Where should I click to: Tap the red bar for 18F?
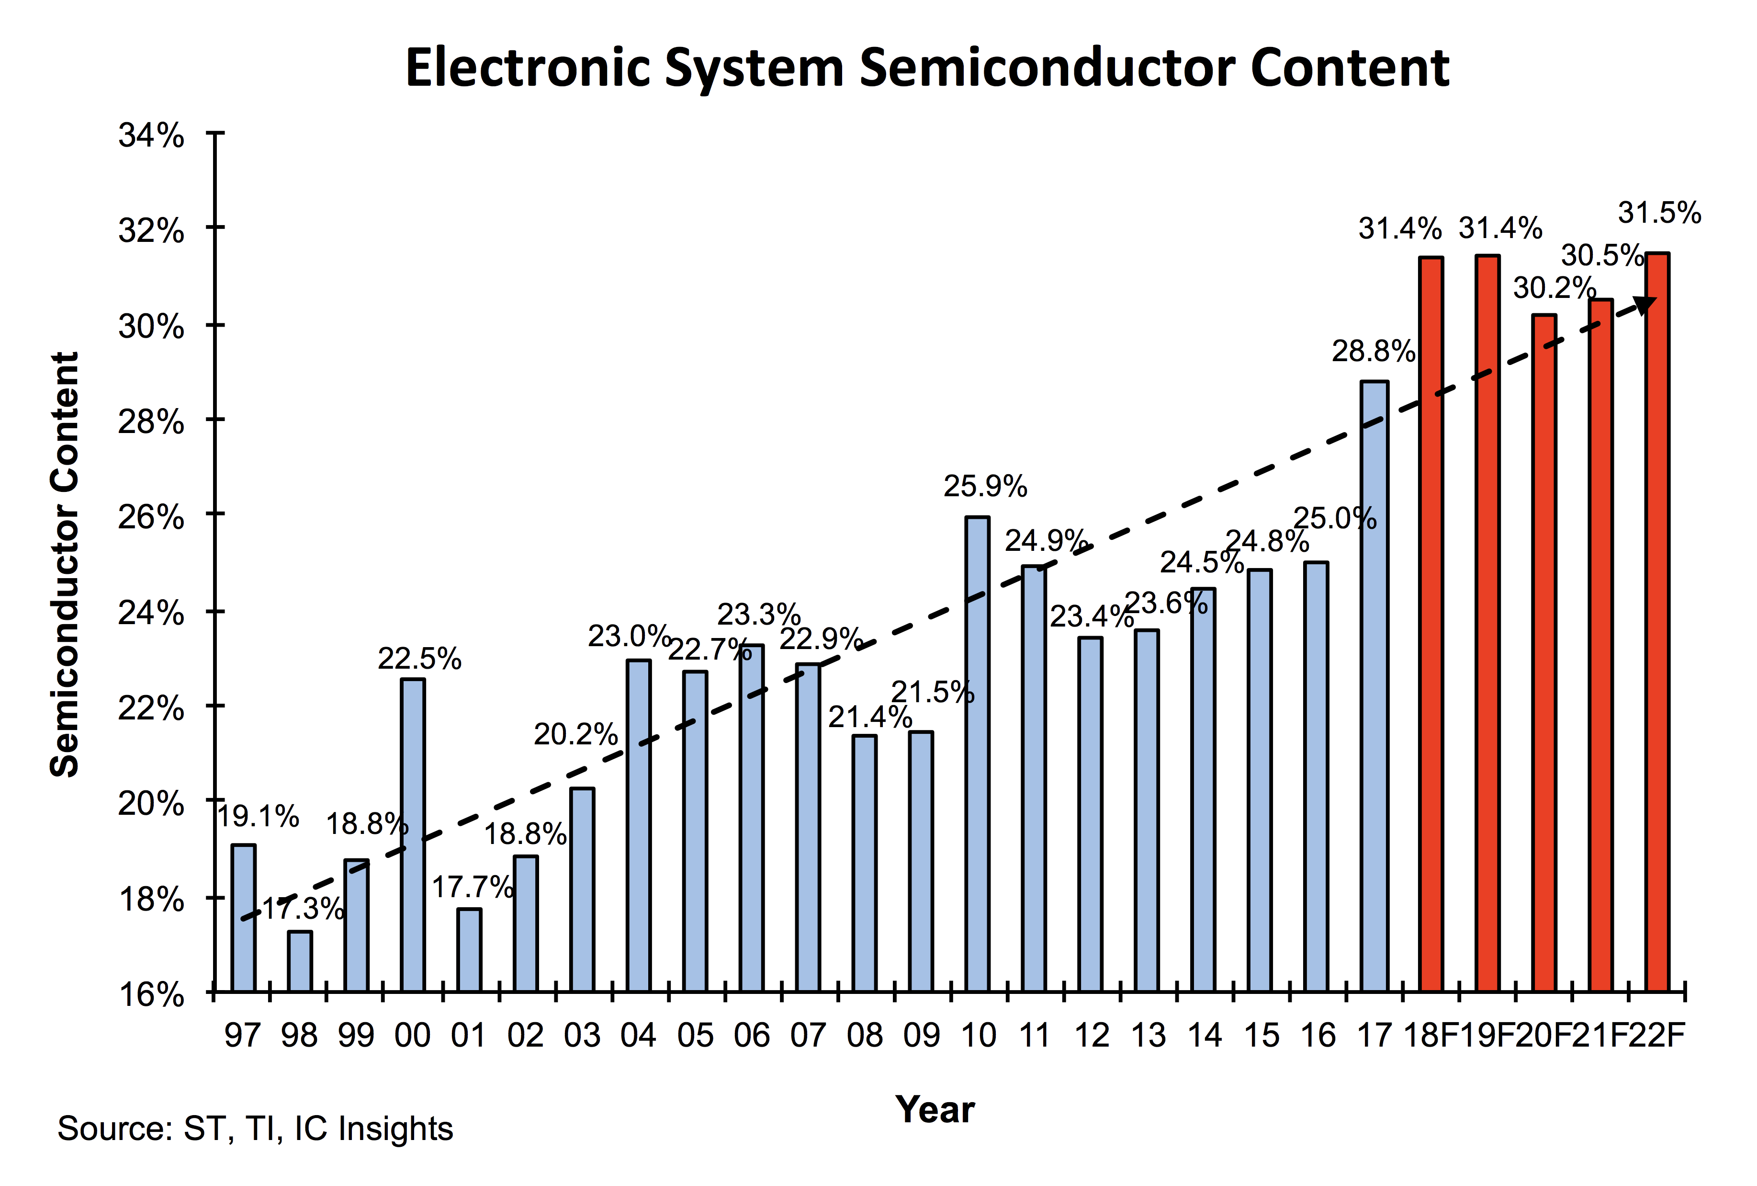pos(1430,624)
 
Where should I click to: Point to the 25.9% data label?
pos(985,486)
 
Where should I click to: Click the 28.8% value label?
pos(1373,352)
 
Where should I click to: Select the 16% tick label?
pos(151,994)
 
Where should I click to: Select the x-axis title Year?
pos(935,1110)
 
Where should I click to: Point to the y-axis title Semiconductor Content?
pos(65,564)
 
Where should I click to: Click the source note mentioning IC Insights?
pos(255,1129)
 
